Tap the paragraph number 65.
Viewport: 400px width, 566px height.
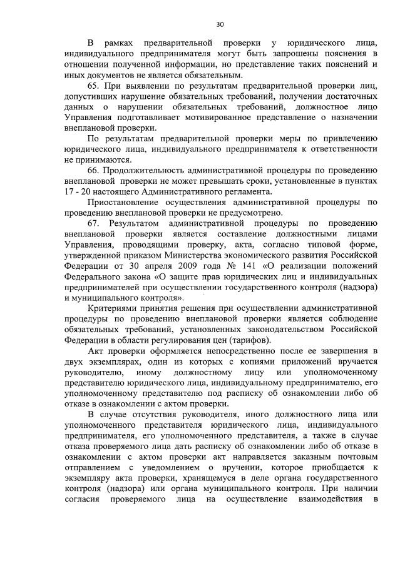pyautogui.click(x=94, y=86)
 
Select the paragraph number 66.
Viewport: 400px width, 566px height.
pyautogui.click(x=94, y=171)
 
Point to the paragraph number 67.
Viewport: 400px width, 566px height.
pyautogui.click(x=94, y=223)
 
